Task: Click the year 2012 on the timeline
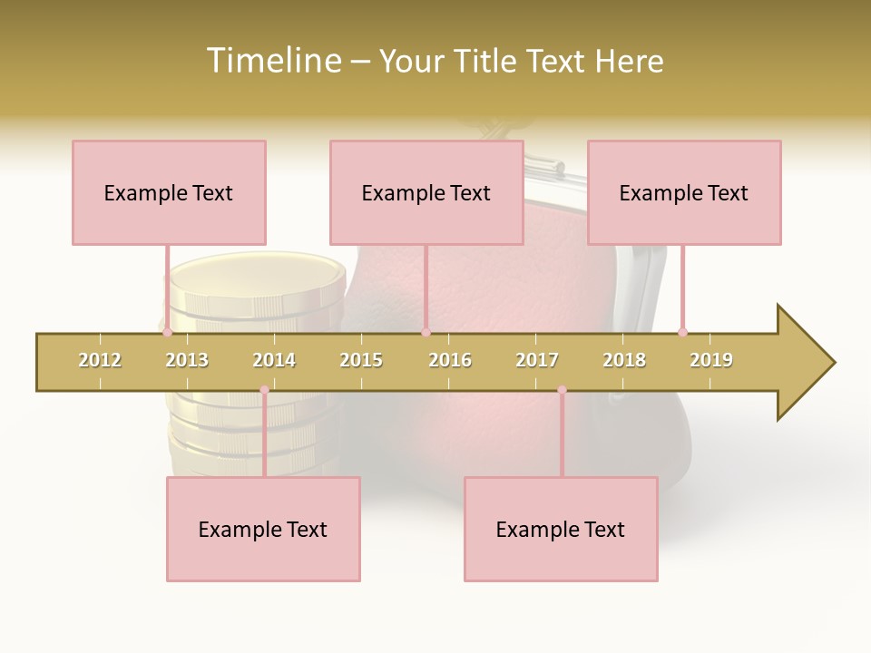[100, 360]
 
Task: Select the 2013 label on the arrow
[187, 360]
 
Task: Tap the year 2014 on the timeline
[274, 360]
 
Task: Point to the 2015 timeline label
[361, 360]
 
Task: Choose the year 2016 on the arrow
[450, 360]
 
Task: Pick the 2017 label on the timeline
[537, 360]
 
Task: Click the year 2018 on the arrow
[624, 360]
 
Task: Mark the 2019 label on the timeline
[711, 360]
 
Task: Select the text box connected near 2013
[169, 192]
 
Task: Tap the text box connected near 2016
[426, 192]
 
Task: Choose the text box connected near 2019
[684, 192]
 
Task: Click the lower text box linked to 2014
[263, 529]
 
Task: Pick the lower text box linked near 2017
[561, 529]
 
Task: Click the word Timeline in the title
[273, 61]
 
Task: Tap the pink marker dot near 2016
[426, 333]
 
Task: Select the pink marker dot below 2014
[264, 390]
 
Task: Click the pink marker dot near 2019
[682, 333]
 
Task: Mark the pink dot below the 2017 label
[562, 390]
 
